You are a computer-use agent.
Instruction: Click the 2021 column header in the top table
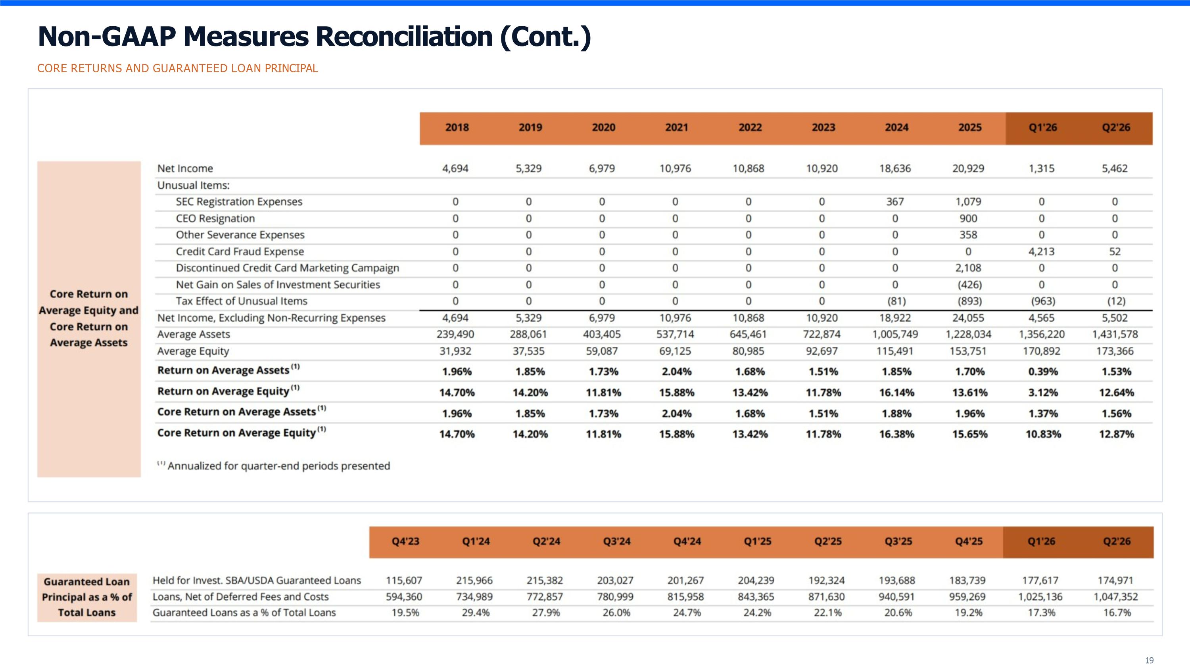point(676,127)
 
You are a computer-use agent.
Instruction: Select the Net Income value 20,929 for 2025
point(968,168)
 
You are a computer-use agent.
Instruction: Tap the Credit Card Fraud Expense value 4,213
point(1041,251)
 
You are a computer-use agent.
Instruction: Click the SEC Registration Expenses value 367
point(895,202)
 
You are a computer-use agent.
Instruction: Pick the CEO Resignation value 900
point(968,218)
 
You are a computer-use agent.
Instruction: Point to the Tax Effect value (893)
point(969,301)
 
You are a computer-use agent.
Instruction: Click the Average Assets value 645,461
point(749,334)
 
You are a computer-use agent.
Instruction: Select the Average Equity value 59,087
point(602,351)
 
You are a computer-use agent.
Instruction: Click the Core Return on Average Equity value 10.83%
point(1043,434)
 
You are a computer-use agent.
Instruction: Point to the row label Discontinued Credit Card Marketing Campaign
point(287,268)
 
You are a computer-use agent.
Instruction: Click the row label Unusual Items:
point(194,185)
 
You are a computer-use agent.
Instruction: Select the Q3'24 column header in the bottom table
point(617,541)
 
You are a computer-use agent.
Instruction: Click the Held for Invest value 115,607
point(404,580)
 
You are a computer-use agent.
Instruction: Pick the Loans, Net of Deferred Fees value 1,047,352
point(1115,597)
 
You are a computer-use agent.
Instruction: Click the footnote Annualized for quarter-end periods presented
point(278,466)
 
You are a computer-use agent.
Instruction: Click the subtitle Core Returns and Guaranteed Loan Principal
point(178,68)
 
